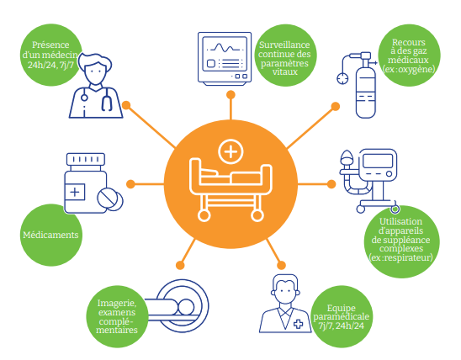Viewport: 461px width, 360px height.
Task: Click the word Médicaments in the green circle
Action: tap(50, 235)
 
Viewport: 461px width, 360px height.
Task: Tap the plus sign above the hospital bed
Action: tap(231, 152)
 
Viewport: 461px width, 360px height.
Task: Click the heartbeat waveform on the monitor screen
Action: tap(225, 47)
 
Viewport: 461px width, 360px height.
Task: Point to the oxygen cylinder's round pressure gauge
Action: tap(342, 78)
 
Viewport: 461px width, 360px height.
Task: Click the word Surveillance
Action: tap(284, 45)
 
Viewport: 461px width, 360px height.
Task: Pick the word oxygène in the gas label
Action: tap(414, 69)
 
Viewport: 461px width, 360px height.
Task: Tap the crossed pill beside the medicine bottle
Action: tap(108, 198)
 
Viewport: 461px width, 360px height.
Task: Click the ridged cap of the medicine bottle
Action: tap(86, 159)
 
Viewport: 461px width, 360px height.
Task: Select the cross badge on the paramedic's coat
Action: tap(299, 324)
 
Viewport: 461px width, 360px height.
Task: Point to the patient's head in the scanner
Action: tap(186, 307)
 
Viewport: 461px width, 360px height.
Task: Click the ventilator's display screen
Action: tap(378, 161)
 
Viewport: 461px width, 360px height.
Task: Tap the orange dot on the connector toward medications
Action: tap(131, 184)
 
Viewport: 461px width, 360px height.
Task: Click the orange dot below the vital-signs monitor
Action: tap(231, 95)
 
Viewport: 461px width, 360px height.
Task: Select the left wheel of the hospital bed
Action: tap(204, 215)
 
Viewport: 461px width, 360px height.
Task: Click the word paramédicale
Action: tap(341, 317)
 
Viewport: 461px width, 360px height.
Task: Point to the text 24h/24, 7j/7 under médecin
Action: tap(50, 65)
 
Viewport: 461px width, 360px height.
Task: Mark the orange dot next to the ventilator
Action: tap(331, 184)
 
